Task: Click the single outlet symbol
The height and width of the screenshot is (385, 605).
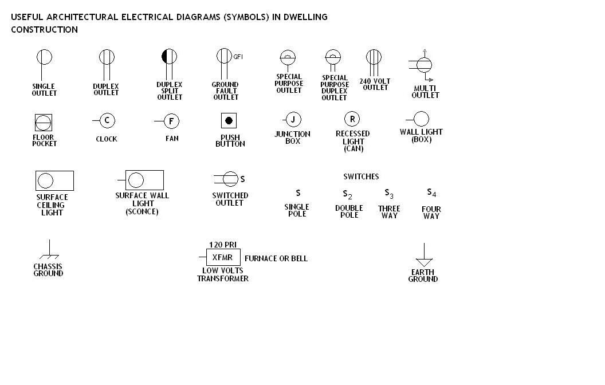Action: (x=44, y=57)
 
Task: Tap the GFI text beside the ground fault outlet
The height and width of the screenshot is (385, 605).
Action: (x=238, y=57)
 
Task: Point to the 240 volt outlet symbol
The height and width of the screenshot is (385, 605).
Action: (x=374, y=58)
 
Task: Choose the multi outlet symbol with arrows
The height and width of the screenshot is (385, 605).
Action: (x=424, y=65)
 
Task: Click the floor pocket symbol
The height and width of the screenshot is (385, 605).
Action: (x=44, y=123)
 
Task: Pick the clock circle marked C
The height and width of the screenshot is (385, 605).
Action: (x=107, y=120)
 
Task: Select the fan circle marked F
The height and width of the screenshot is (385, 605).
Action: (x=171, y=121)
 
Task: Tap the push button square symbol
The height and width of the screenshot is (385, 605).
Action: (x=229, y=121)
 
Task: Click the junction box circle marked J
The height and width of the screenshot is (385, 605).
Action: (x=293, y=120)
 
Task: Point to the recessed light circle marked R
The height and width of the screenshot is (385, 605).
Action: (x=352, y=119)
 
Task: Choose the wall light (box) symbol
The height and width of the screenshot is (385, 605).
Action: (x=421, y=119)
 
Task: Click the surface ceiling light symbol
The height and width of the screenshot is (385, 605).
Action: (x=54, y=180)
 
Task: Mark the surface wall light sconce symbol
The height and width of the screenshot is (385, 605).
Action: (x=144, y=180)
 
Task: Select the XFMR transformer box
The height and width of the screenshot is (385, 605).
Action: (x=223, y=257)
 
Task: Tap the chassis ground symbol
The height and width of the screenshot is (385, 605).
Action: (x=49, y=250)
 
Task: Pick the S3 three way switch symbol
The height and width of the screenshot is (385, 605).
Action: (x=389, y=194)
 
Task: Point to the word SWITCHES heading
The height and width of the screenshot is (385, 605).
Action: (x=361, y=176)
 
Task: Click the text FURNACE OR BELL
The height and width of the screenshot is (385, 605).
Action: (x=276, y=258)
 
